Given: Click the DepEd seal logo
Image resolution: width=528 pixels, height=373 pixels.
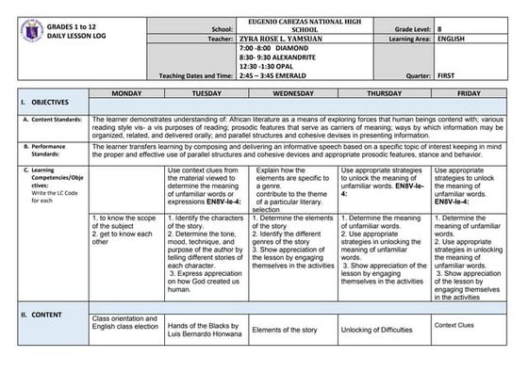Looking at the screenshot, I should pos(31,31).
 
